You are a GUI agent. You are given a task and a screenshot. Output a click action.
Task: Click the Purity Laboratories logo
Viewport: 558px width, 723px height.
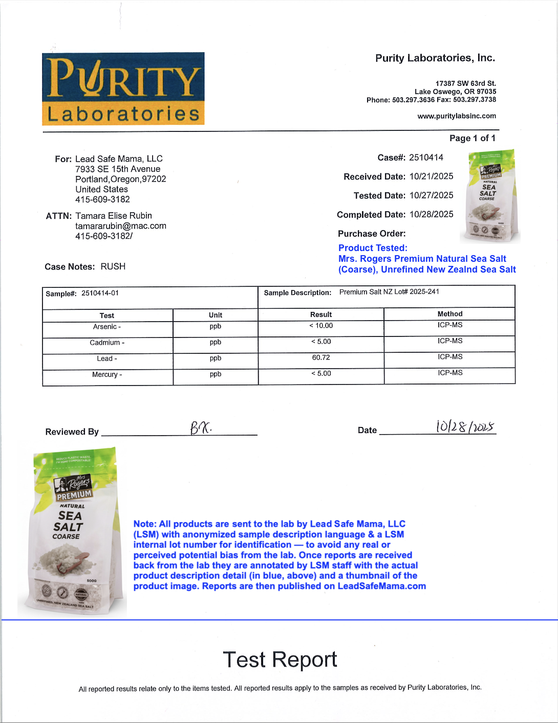[123, 88]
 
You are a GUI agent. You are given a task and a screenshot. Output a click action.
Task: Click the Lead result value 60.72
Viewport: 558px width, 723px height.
[321, 357]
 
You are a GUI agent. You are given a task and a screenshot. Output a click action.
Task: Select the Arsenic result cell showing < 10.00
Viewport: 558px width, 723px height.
[321, 326]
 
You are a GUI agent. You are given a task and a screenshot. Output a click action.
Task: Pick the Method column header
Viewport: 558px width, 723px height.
[450, 314]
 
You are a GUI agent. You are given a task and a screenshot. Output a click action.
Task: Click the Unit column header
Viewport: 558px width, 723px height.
[216, 315]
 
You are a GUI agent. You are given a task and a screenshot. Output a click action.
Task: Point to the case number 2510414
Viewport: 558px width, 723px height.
[426, 157]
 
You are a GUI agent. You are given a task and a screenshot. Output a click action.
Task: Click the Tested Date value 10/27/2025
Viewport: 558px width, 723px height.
[431, 195]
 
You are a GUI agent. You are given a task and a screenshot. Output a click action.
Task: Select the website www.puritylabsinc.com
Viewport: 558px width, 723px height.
[457, 116]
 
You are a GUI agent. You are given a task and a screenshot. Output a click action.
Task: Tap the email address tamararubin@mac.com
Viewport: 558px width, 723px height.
[121, 226]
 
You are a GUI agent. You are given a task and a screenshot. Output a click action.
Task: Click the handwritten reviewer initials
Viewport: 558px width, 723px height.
[201, 427]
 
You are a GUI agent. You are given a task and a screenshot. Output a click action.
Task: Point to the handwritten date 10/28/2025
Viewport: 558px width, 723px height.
[465, 426]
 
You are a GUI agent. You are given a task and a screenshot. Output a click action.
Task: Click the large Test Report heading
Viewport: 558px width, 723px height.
[280, 660]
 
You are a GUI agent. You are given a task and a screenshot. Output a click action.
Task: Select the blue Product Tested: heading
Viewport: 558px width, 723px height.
[373, 248]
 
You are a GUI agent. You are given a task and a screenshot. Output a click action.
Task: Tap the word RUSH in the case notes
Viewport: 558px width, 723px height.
[113, 266]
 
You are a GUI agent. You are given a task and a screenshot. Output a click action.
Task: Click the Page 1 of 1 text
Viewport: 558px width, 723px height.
[472, 138]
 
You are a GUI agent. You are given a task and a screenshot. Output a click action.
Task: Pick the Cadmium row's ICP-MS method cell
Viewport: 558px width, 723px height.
[450, 341]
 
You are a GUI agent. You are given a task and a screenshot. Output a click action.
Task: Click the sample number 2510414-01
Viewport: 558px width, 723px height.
[100, 293]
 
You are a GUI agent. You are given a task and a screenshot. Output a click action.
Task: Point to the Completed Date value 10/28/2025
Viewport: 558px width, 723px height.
[431, 214]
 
